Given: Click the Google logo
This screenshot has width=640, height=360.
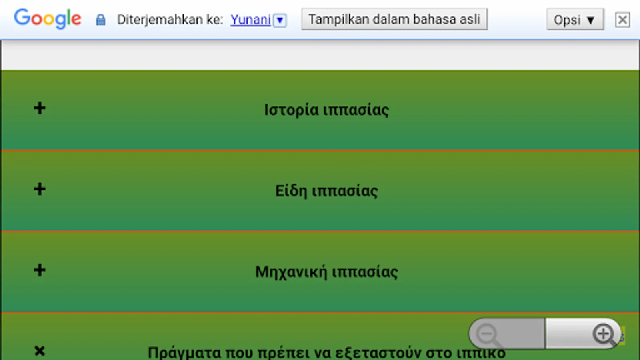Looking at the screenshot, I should pos(48,19).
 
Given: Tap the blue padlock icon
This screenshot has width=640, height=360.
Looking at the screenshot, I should pos(100,20).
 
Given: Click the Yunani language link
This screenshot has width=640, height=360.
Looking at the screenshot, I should pos(250,20).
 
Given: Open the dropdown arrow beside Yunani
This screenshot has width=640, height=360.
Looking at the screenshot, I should pos(280,20).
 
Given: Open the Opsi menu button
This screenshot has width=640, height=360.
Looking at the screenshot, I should pos(574,20).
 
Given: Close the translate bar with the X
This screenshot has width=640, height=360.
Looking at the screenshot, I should pos(622,20).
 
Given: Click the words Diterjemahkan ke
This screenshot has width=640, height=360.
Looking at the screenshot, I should pos(170,20).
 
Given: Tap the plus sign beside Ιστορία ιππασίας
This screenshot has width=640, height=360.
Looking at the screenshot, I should pos(40,108).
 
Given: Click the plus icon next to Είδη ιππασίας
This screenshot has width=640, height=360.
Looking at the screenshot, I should pos(40,189).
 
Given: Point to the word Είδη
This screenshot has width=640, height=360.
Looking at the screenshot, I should pos(291,191).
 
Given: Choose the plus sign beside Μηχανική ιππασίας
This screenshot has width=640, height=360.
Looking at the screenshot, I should pos(40,270).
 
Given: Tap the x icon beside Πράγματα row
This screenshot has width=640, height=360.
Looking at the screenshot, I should pos(40,351).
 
